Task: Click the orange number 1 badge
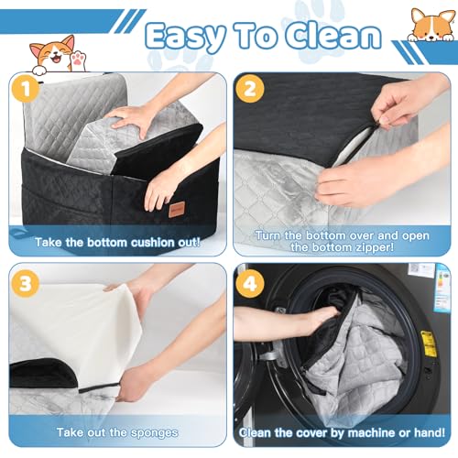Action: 26,89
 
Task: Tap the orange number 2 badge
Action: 249,89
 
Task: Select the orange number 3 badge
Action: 26,283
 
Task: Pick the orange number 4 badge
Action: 250,283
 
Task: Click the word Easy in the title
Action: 186,37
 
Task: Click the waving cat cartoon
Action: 57,55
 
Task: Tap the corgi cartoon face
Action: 431,25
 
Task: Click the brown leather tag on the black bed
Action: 175,210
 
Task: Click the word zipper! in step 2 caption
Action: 374,247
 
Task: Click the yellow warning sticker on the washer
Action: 429,343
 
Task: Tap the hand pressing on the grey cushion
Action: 131,119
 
